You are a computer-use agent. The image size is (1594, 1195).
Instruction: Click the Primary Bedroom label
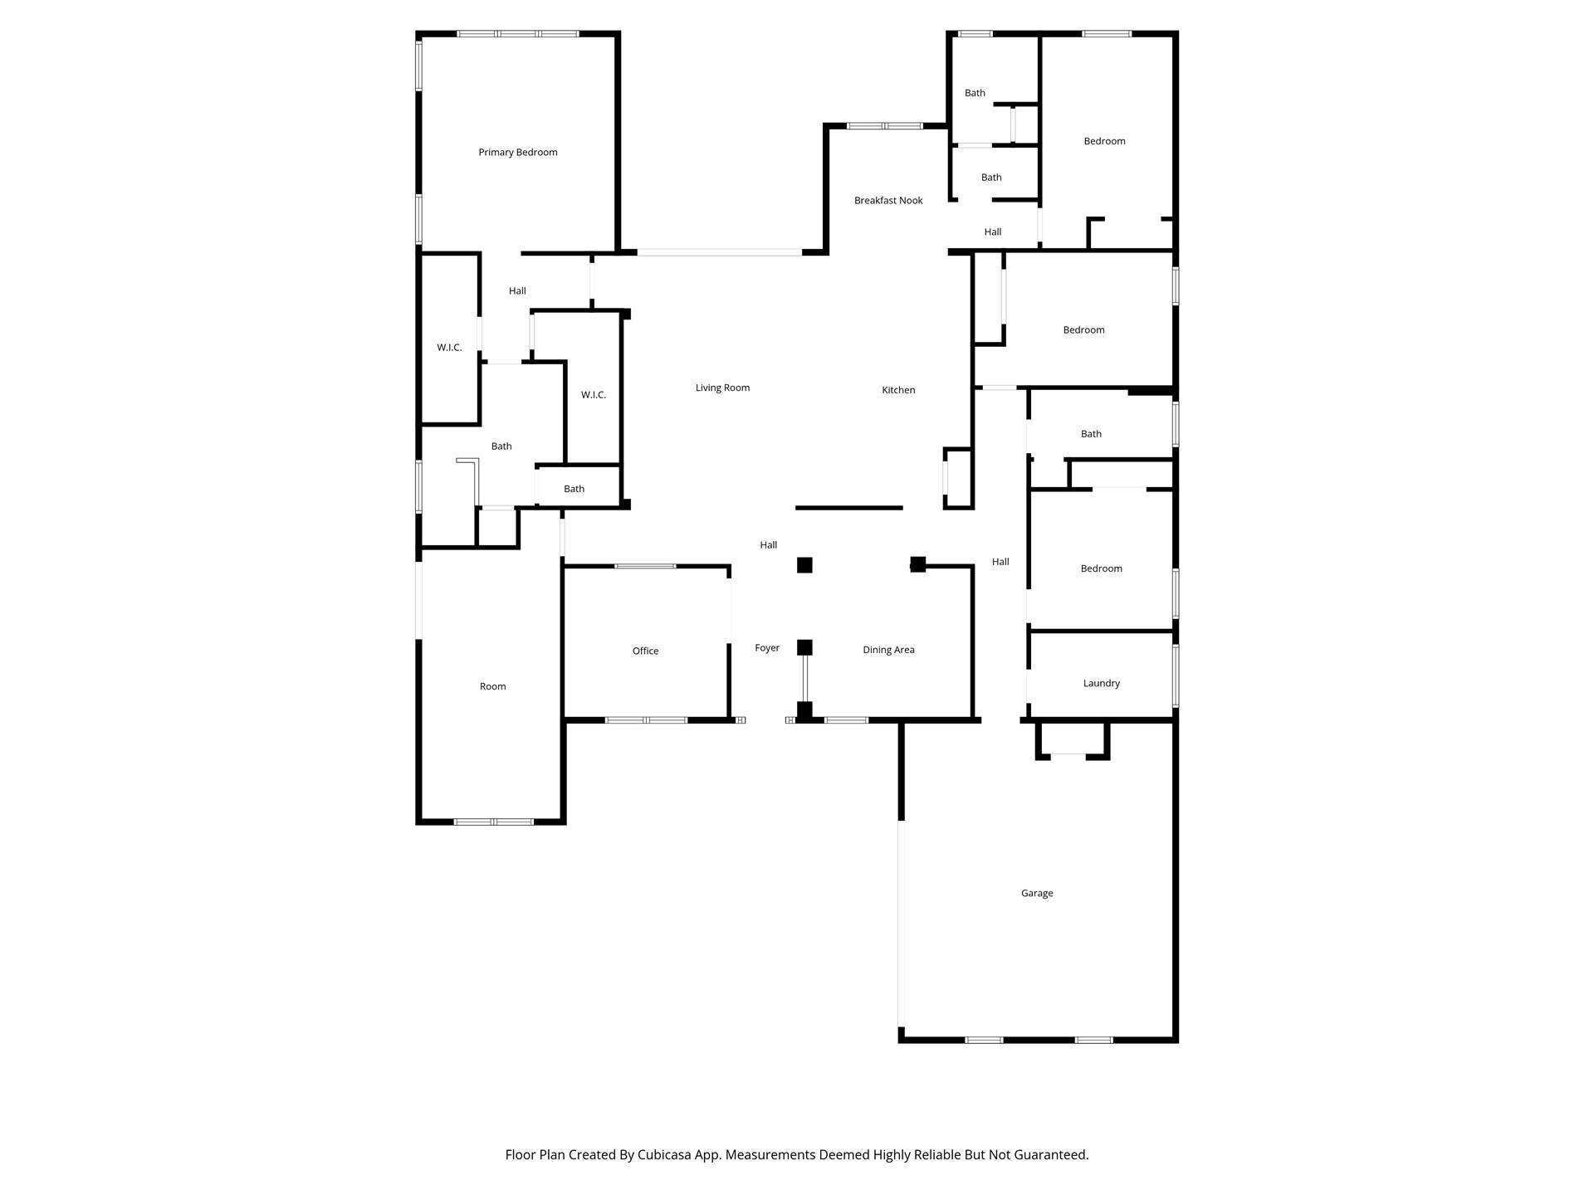(517, 152)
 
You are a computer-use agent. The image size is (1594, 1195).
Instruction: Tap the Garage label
(1036, 893)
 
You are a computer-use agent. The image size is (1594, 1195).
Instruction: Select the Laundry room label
(1101, 683)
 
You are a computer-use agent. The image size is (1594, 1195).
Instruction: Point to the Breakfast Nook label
(887, 200)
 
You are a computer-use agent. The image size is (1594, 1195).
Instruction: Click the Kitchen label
(897, 389)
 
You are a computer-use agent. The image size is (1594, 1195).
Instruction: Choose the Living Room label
(721, 388)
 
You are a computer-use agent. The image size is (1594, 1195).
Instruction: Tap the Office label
(645, 651)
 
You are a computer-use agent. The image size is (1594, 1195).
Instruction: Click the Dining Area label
(887, 650)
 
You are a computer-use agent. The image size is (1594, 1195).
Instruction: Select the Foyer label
(766, 647)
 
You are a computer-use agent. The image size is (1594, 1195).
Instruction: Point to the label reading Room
(492, 686)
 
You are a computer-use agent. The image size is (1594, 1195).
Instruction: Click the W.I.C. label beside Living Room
(593, 394)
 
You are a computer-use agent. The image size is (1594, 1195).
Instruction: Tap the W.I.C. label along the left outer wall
(449, 347)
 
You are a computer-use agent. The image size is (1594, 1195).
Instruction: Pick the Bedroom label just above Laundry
(1101, 568)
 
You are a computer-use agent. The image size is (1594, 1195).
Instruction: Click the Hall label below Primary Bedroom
(517, 290)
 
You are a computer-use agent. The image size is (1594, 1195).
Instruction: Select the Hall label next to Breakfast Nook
(992, 232)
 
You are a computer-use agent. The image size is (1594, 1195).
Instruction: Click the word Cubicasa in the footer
(664, 1154)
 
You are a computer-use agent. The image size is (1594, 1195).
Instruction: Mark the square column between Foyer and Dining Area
(804, 646)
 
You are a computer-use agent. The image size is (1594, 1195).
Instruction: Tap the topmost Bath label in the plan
(975, 93)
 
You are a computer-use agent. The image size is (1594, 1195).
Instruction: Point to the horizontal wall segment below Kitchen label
(848, 508)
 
